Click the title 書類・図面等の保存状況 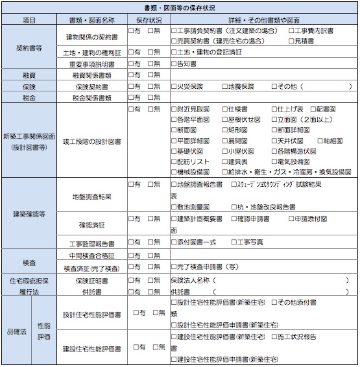180,8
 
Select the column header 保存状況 147,19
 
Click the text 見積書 318,41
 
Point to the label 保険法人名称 189,281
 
